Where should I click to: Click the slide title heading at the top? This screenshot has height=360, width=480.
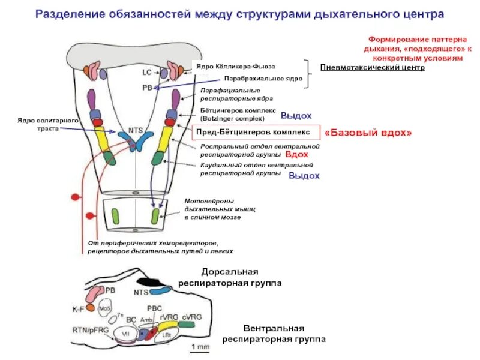click(x=240, y=13)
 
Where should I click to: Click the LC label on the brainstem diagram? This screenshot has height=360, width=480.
click(x=147, y=72)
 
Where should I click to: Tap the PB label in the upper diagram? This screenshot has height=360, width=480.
click(x=147, y=87)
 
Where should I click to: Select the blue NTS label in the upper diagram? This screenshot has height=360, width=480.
click(x=135, y=130)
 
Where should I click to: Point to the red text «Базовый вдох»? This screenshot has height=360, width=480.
click(x=368, y=133)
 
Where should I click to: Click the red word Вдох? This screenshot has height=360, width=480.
click(x=296, y=154)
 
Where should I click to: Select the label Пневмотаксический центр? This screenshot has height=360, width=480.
click(x=372, y=68)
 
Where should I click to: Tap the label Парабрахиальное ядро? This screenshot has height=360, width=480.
click(x=263, y=79)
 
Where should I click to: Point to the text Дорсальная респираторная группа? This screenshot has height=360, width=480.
click(x=229, y=277)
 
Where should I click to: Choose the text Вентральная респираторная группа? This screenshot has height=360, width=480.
click(x=274, y=334)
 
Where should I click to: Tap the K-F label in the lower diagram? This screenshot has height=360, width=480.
click(x=78, y=310)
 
